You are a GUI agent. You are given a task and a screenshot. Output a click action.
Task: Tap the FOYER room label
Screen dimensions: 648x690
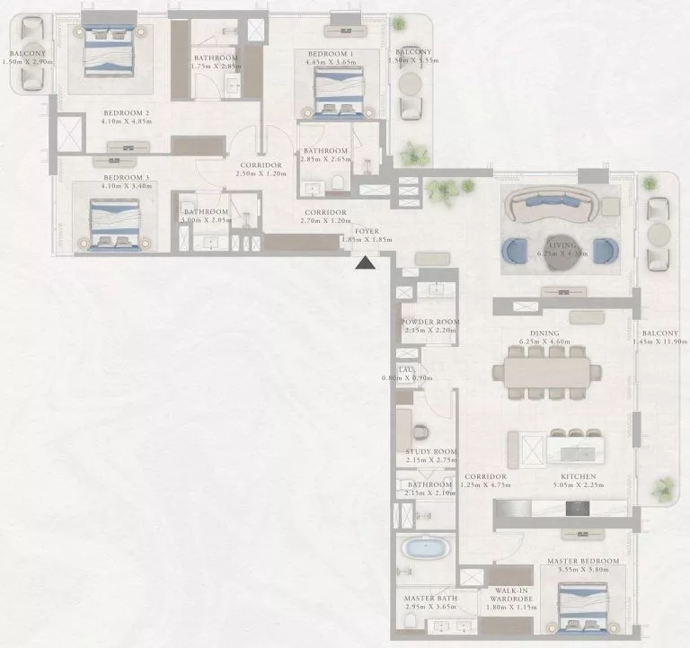click(366, 231)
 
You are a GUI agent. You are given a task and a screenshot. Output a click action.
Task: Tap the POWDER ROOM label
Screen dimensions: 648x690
click(429, 321)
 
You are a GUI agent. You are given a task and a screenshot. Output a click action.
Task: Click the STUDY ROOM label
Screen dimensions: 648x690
click(431, 451)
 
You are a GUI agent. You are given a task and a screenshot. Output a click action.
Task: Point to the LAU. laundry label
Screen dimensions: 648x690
click(406, 368)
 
